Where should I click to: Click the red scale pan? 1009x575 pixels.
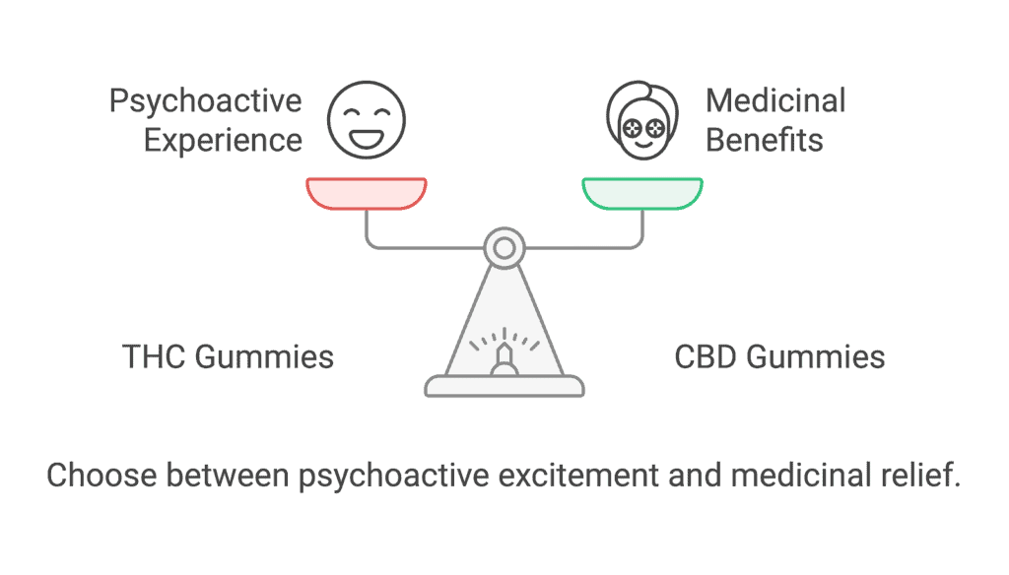point(367,194)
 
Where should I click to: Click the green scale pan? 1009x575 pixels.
point(642,194)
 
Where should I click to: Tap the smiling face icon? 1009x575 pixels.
point(367,120)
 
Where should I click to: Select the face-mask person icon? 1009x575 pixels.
point(642,120)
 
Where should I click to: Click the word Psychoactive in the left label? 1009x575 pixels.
point(205,102)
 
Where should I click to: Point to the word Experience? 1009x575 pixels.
point(223,140)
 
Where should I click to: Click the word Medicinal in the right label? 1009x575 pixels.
point(775,101)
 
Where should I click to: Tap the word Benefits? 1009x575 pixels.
point(765,140)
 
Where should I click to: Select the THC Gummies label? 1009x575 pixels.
point(228,357)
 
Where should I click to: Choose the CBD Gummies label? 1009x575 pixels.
point(779,357)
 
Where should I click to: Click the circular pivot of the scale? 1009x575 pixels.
point(504,247)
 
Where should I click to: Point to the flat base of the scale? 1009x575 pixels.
point(504,386)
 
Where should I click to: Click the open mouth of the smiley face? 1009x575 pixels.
point(367,138)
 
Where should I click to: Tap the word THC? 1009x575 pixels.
point(154,357)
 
